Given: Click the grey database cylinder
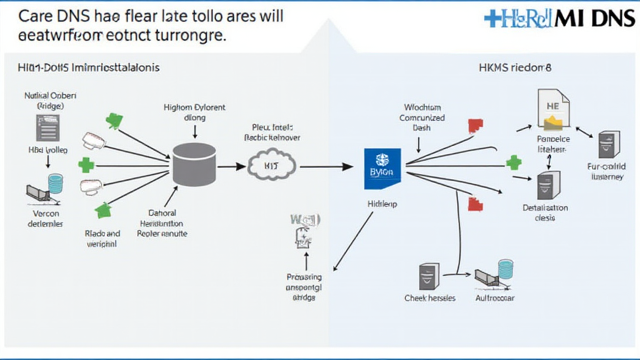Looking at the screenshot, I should pos(194,164).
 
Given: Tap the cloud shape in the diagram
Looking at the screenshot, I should pos(271,166).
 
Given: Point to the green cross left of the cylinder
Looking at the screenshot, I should pos(86,166).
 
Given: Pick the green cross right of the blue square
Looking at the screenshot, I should pos(513,164).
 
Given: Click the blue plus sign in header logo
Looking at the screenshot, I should pos(494,19).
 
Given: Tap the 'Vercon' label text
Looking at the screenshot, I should pos(44,212).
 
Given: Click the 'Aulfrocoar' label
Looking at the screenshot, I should pos(494,299).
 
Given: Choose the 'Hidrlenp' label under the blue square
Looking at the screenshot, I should pos(381,204).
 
